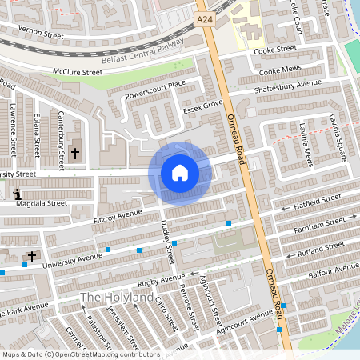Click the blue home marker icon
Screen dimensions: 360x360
(x=180, y=173)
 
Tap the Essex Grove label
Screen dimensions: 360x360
(x=202, y=106)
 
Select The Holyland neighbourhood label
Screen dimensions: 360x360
(x=117, y=298)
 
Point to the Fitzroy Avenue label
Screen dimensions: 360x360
(x=117, y=215)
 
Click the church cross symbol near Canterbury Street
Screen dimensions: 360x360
(x=76, y=152)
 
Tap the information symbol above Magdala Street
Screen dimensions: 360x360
(x=18, y=194)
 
